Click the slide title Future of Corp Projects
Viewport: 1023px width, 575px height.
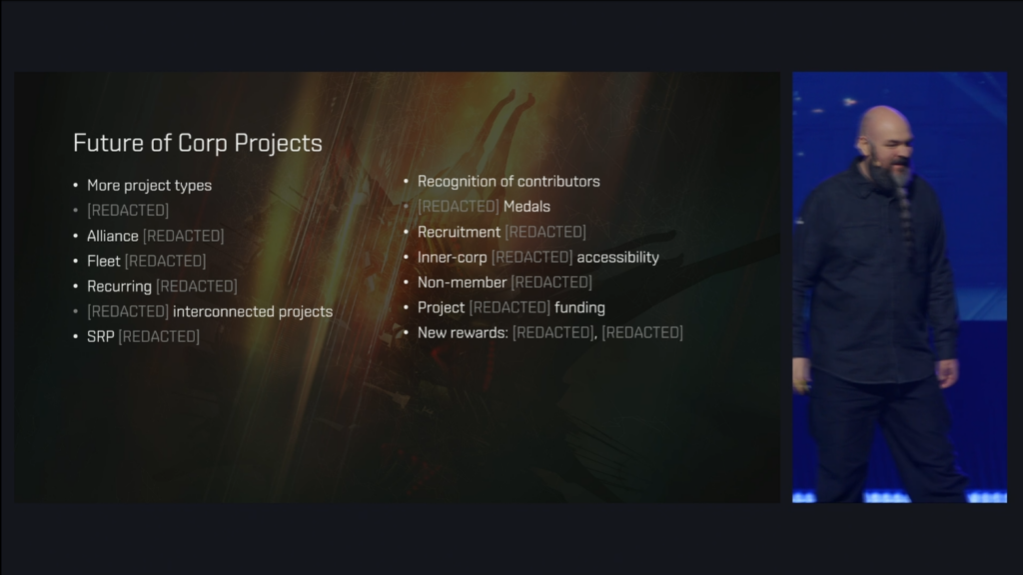point(198,143)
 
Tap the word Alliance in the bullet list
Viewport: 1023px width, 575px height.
point(113,236)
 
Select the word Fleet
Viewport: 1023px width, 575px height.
point(104,261)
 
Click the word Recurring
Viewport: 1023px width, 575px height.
point(120,287)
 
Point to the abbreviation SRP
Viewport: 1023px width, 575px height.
point(101,337)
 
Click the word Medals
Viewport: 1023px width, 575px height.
point(527,206)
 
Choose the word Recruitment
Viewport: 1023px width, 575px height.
point(459,232)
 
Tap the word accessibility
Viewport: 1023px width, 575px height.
point(617,257)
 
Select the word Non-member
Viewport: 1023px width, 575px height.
point(462,282)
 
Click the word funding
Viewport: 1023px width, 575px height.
point(580,308)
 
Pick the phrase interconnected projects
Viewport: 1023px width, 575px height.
point(253,312)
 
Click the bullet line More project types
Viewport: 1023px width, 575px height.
point(150,186)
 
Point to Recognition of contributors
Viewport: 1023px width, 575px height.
point(509,182)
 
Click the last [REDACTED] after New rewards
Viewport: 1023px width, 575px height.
point(642,333)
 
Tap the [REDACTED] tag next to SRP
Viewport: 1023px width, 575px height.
point(159,337)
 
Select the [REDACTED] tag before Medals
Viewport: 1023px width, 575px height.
point(459,206)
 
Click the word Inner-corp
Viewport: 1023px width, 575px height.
point(453,257)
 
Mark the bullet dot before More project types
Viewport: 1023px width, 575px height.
point(76,186)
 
